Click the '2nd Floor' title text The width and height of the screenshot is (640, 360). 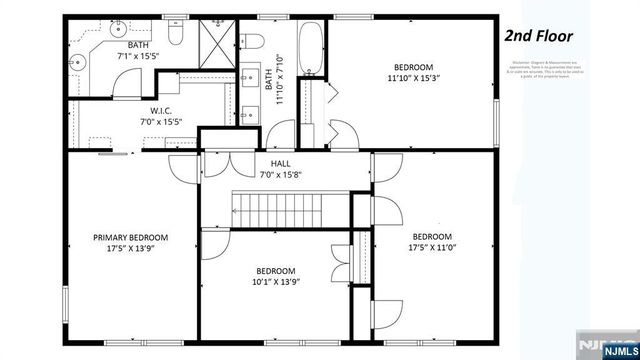pos(538,37)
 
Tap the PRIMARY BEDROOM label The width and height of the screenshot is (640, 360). pos(131,238)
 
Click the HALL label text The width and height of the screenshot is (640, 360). pos(281,163)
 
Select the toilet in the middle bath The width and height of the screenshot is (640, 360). pos(253,40)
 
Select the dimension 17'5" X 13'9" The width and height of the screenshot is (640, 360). pos(131,250)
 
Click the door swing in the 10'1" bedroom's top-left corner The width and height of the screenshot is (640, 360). pos(214,241)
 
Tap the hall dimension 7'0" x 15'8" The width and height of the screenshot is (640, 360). pos(281,175)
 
